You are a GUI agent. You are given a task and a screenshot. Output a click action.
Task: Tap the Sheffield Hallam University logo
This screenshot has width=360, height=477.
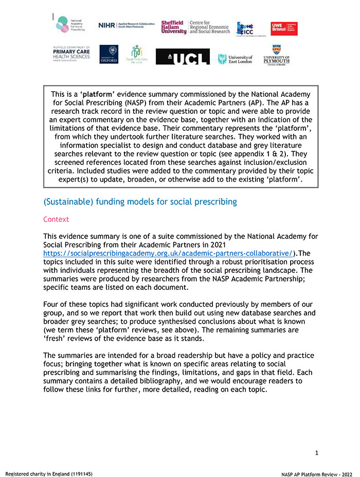tap(173, 27)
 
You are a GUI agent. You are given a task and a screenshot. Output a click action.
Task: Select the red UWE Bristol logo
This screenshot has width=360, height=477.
tap(284, 28)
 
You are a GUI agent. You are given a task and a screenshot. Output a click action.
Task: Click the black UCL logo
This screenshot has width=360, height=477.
tap(183, 56)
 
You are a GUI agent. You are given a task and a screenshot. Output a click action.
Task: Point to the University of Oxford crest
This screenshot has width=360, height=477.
tap(109, 54)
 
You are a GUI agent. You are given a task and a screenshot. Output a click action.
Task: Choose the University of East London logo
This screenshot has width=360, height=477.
tap(236, 59)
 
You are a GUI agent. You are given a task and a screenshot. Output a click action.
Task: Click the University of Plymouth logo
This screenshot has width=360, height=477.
tap(276, 55)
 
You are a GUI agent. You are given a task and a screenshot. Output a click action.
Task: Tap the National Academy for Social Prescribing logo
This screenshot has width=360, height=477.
tap(69, 25)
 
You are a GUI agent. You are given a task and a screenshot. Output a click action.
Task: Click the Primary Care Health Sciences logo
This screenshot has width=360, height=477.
tap(71, 54)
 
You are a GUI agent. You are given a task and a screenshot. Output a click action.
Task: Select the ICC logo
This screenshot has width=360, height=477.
tap(244, 29)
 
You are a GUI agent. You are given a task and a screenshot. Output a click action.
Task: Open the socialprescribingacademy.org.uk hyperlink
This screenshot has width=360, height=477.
tap(168, 253)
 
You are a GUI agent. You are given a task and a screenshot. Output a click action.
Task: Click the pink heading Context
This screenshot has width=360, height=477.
tap(56, 219)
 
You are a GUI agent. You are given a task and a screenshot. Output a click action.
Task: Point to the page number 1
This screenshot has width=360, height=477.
tap(316, 453)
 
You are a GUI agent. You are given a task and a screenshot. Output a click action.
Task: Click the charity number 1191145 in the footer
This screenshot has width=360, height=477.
tap(78, 473)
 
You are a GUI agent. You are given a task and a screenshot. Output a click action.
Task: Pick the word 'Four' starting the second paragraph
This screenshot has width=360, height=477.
tap(52, 305)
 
